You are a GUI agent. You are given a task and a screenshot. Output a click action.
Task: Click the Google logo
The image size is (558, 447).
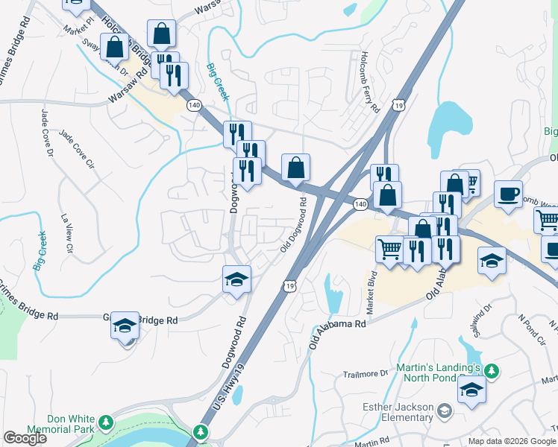tap(25, 438)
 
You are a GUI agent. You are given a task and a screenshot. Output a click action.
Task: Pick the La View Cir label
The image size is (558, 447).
tap(65, 235)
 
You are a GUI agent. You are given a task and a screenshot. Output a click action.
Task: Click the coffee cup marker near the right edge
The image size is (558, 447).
tap(508, 195)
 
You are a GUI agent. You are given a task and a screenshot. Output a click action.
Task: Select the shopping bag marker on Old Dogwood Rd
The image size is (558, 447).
tap(295, 168)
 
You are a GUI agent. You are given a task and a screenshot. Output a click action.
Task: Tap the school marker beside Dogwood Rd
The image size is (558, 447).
tap(237, 280)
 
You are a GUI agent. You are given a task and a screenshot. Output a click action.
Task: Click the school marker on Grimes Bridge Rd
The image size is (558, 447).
tap(125, 326)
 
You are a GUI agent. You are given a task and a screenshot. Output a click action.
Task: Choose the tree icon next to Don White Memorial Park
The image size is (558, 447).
tap(106, 423)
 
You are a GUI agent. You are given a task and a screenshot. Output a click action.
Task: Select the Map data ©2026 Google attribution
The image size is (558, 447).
tap(512, 441)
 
